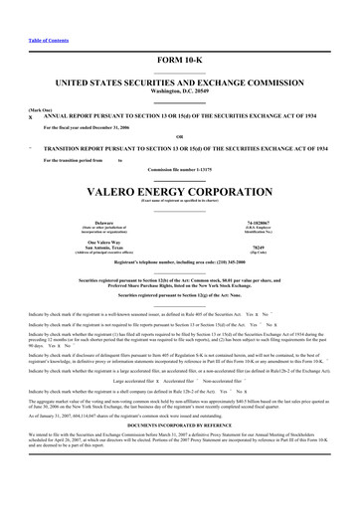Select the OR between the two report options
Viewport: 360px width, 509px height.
[179, 136]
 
